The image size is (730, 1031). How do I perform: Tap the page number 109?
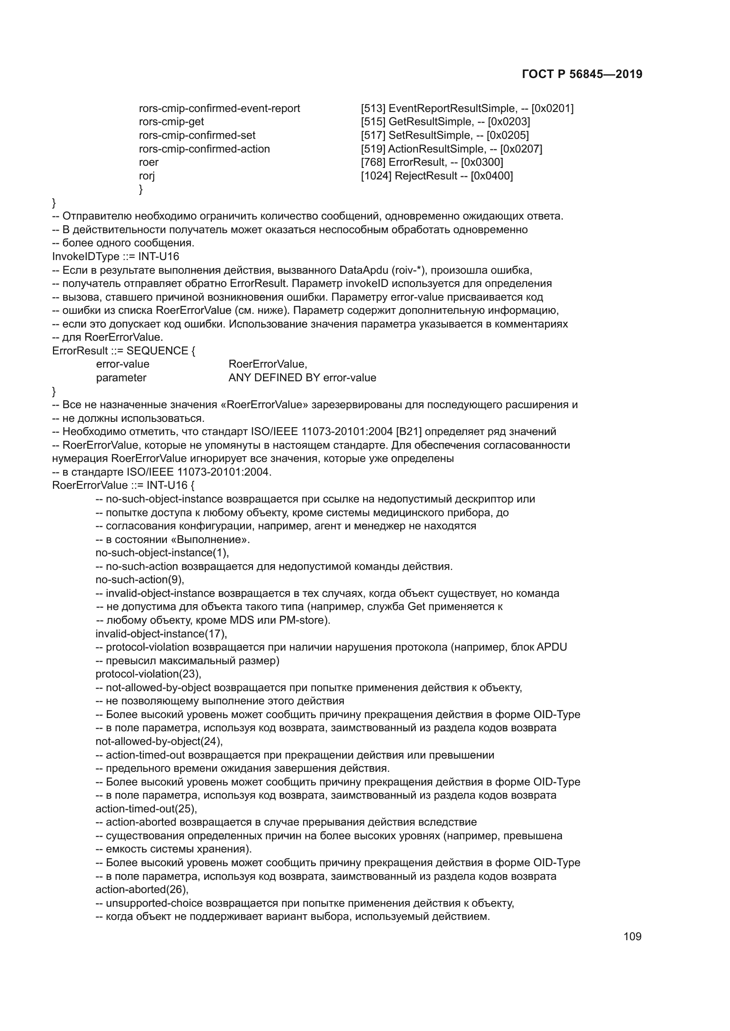tap(632, 936)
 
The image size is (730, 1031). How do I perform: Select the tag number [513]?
tap(373, 109)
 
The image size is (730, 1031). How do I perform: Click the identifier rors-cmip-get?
tap(171, 122)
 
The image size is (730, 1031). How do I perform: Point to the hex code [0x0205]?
tap(508, 136)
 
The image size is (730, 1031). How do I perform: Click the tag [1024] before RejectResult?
tap(376, 176)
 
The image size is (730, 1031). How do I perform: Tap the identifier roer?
tap(148, 163)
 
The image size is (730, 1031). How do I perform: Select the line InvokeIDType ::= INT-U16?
tap(116, 257)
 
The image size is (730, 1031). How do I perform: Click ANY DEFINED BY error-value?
tap(302, 378)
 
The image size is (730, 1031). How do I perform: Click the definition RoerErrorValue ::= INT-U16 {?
tap(123, 486)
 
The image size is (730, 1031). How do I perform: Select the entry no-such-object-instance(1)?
tap(162, 553)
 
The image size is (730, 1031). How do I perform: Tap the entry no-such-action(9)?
tap(140, 580)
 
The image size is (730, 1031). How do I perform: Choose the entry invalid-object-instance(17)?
tap(161, 634)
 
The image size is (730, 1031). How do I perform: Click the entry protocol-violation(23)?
tap(148, 674)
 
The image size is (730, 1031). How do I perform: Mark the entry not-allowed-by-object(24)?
tap(159, 742)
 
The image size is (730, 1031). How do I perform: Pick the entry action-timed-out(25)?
tap(146, 809)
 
